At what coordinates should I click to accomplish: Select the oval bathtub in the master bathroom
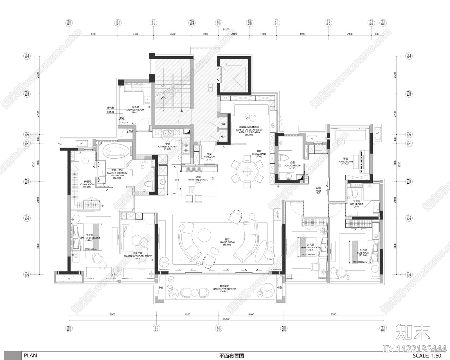click(116, 151)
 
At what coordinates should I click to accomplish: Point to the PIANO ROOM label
click(345, 162)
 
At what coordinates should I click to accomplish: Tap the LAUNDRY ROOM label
click(135, 110)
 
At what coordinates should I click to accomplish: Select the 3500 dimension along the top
click(302, 34)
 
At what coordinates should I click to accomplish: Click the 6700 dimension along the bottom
click(333, 314)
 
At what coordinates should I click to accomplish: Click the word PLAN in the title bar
click(30, 355)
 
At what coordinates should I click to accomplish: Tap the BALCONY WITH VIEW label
click(224, 289)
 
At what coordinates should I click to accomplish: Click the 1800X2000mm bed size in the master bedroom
click(90, 249)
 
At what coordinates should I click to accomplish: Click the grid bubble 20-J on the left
click(27, 56)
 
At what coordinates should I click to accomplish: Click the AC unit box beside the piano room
click(377, 133)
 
